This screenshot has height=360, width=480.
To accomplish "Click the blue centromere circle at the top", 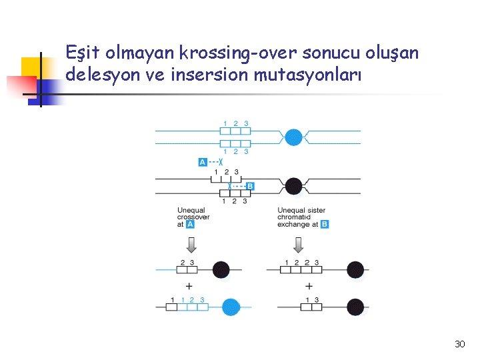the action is pyautogui.click(x=293, y=137).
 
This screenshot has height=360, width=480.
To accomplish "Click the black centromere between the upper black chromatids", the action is pyautogui.click(x=293, y=186).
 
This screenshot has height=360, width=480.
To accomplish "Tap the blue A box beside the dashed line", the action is pyautogui.click(x=203, y=162).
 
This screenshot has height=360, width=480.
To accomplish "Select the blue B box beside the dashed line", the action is pyautogui.click(x=250, y=186).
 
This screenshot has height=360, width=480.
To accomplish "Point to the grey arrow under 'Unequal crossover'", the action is pyautogui.click(x=190, y=245).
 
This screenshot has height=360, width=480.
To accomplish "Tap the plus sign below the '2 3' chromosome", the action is pyautogui.click(x=189, y=286).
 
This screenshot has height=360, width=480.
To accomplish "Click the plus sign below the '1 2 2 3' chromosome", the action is pyautogui.click(x=309, y=286).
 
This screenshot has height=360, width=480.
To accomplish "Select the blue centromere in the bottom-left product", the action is pyautogui.click(x=230, y=307).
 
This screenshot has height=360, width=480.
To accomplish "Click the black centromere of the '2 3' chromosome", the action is pyautogui.click(x=221, y=270).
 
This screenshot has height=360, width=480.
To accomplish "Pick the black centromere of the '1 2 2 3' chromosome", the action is pyautogui.click(x=355, y=270).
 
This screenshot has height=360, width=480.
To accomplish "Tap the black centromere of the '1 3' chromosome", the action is pyautogui.click(x=355, y=307).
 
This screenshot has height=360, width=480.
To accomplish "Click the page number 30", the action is pyautogui.click(x=459, y=344).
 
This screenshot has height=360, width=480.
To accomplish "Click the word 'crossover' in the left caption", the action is pyautogui.click(x=193, y=217).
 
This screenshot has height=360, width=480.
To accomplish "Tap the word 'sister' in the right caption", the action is pyautogui.click(x=313, y=211).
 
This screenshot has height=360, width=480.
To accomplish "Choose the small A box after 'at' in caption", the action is pyautogui.click(x=190, y=225).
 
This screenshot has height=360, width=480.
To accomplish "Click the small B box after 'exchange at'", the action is pyautogui.click(x=325, y=225).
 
